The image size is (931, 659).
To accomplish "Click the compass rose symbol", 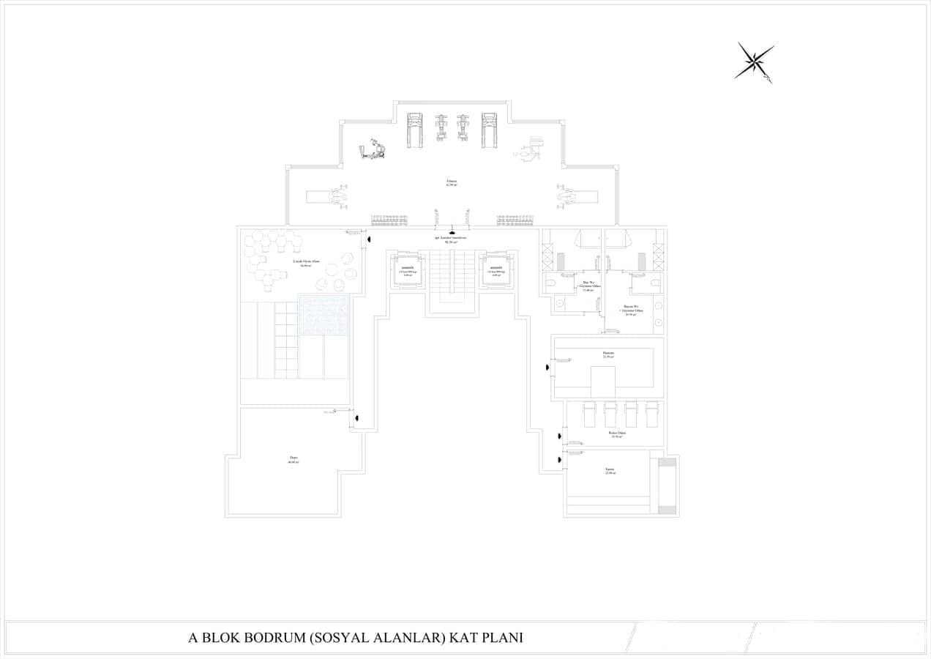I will coord(754,62).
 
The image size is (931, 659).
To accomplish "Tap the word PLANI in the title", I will coord(502,638).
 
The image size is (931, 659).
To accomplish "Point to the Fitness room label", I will coord(452,182).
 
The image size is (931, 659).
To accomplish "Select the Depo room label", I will coord(293,460).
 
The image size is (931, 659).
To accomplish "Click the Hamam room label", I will coord(608,354).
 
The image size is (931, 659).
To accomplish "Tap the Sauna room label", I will coord(610,471).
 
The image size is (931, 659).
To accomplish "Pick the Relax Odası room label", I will coord(617,434).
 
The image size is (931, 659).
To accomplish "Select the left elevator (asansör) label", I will coord(408,269).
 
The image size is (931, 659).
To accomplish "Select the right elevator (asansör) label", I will coord(496,269).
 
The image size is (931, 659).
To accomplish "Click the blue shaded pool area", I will coord(323,315).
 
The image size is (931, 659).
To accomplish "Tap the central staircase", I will coord(452,282).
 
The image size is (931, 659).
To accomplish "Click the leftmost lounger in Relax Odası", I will coord(590,414).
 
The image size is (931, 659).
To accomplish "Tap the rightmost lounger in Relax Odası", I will coord(651,414).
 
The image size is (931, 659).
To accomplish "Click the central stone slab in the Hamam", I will coord(603,381).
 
